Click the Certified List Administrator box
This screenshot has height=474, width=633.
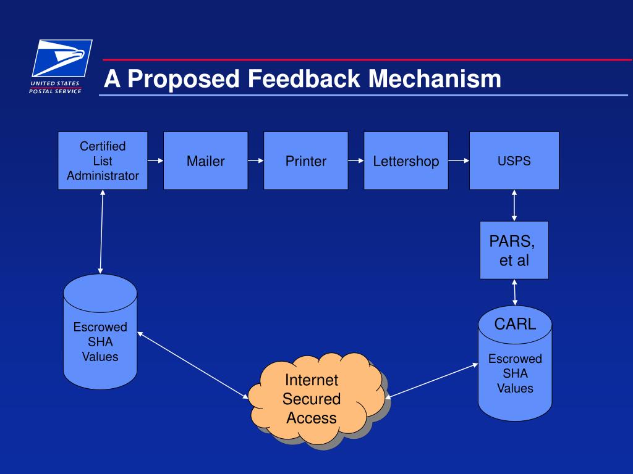(103, 160)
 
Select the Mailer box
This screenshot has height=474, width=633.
(205, 160)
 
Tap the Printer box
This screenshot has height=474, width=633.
(305, 160)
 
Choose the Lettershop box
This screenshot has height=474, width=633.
(406, 160)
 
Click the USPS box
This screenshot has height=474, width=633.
(514, 160)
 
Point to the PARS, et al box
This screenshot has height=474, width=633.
(514, 250)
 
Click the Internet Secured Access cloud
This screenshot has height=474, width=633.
(317, 399)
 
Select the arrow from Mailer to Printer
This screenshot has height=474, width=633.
(256, 160)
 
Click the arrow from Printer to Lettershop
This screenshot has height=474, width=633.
(356, 160)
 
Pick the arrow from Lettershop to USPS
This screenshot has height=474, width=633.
(459, 160)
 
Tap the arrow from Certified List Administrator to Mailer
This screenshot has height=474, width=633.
(155, 160)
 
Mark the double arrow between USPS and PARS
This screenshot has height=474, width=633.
(514, 206)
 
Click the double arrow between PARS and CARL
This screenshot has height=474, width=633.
(514, 292)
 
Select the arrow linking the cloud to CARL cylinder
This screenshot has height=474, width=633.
(431, 381)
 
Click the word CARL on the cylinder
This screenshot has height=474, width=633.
(515, 324)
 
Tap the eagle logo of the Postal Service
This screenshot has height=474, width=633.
(62, 58)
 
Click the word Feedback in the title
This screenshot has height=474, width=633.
(304, 78)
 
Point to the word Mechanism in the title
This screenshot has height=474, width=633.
(435, 78)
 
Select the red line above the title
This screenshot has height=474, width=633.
(367, 60)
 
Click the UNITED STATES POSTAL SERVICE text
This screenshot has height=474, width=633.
(55, 88)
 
